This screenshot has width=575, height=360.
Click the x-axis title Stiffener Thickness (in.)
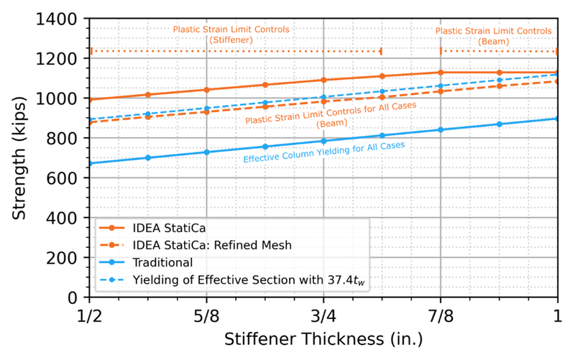(323, 338)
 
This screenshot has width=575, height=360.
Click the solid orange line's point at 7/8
(441, 72)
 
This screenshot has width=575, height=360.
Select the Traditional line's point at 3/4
(323, 141)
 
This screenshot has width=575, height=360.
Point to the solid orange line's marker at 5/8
(207, 90)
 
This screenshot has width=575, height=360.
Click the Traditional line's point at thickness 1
(557, 119)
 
